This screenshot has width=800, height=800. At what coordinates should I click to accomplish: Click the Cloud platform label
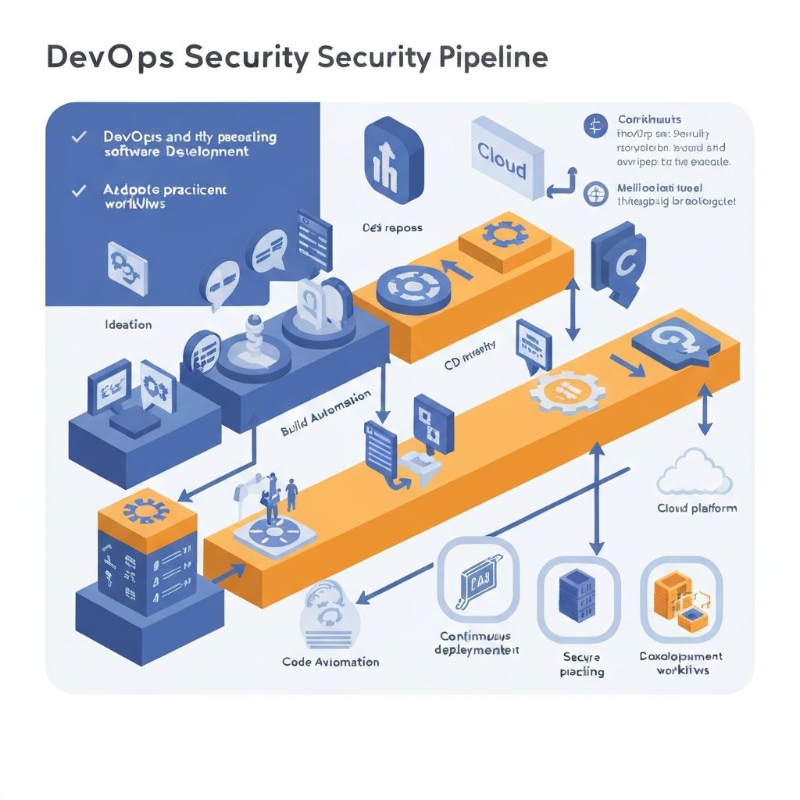[697, 509]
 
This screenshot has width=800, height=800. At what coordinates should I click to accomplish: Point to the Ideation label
[128, 323]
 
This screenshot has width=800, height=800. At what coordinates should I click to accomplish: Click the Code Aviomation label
[330, 662]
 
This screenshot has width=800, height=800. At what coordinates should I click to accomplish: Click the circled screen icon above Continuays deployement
[477, 579]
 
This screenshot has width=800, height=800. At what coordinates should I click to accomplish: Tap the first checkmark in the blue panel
[78, 137]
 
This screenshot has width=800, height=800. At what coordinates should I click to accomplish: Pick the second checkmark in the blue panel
[78, 190]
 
